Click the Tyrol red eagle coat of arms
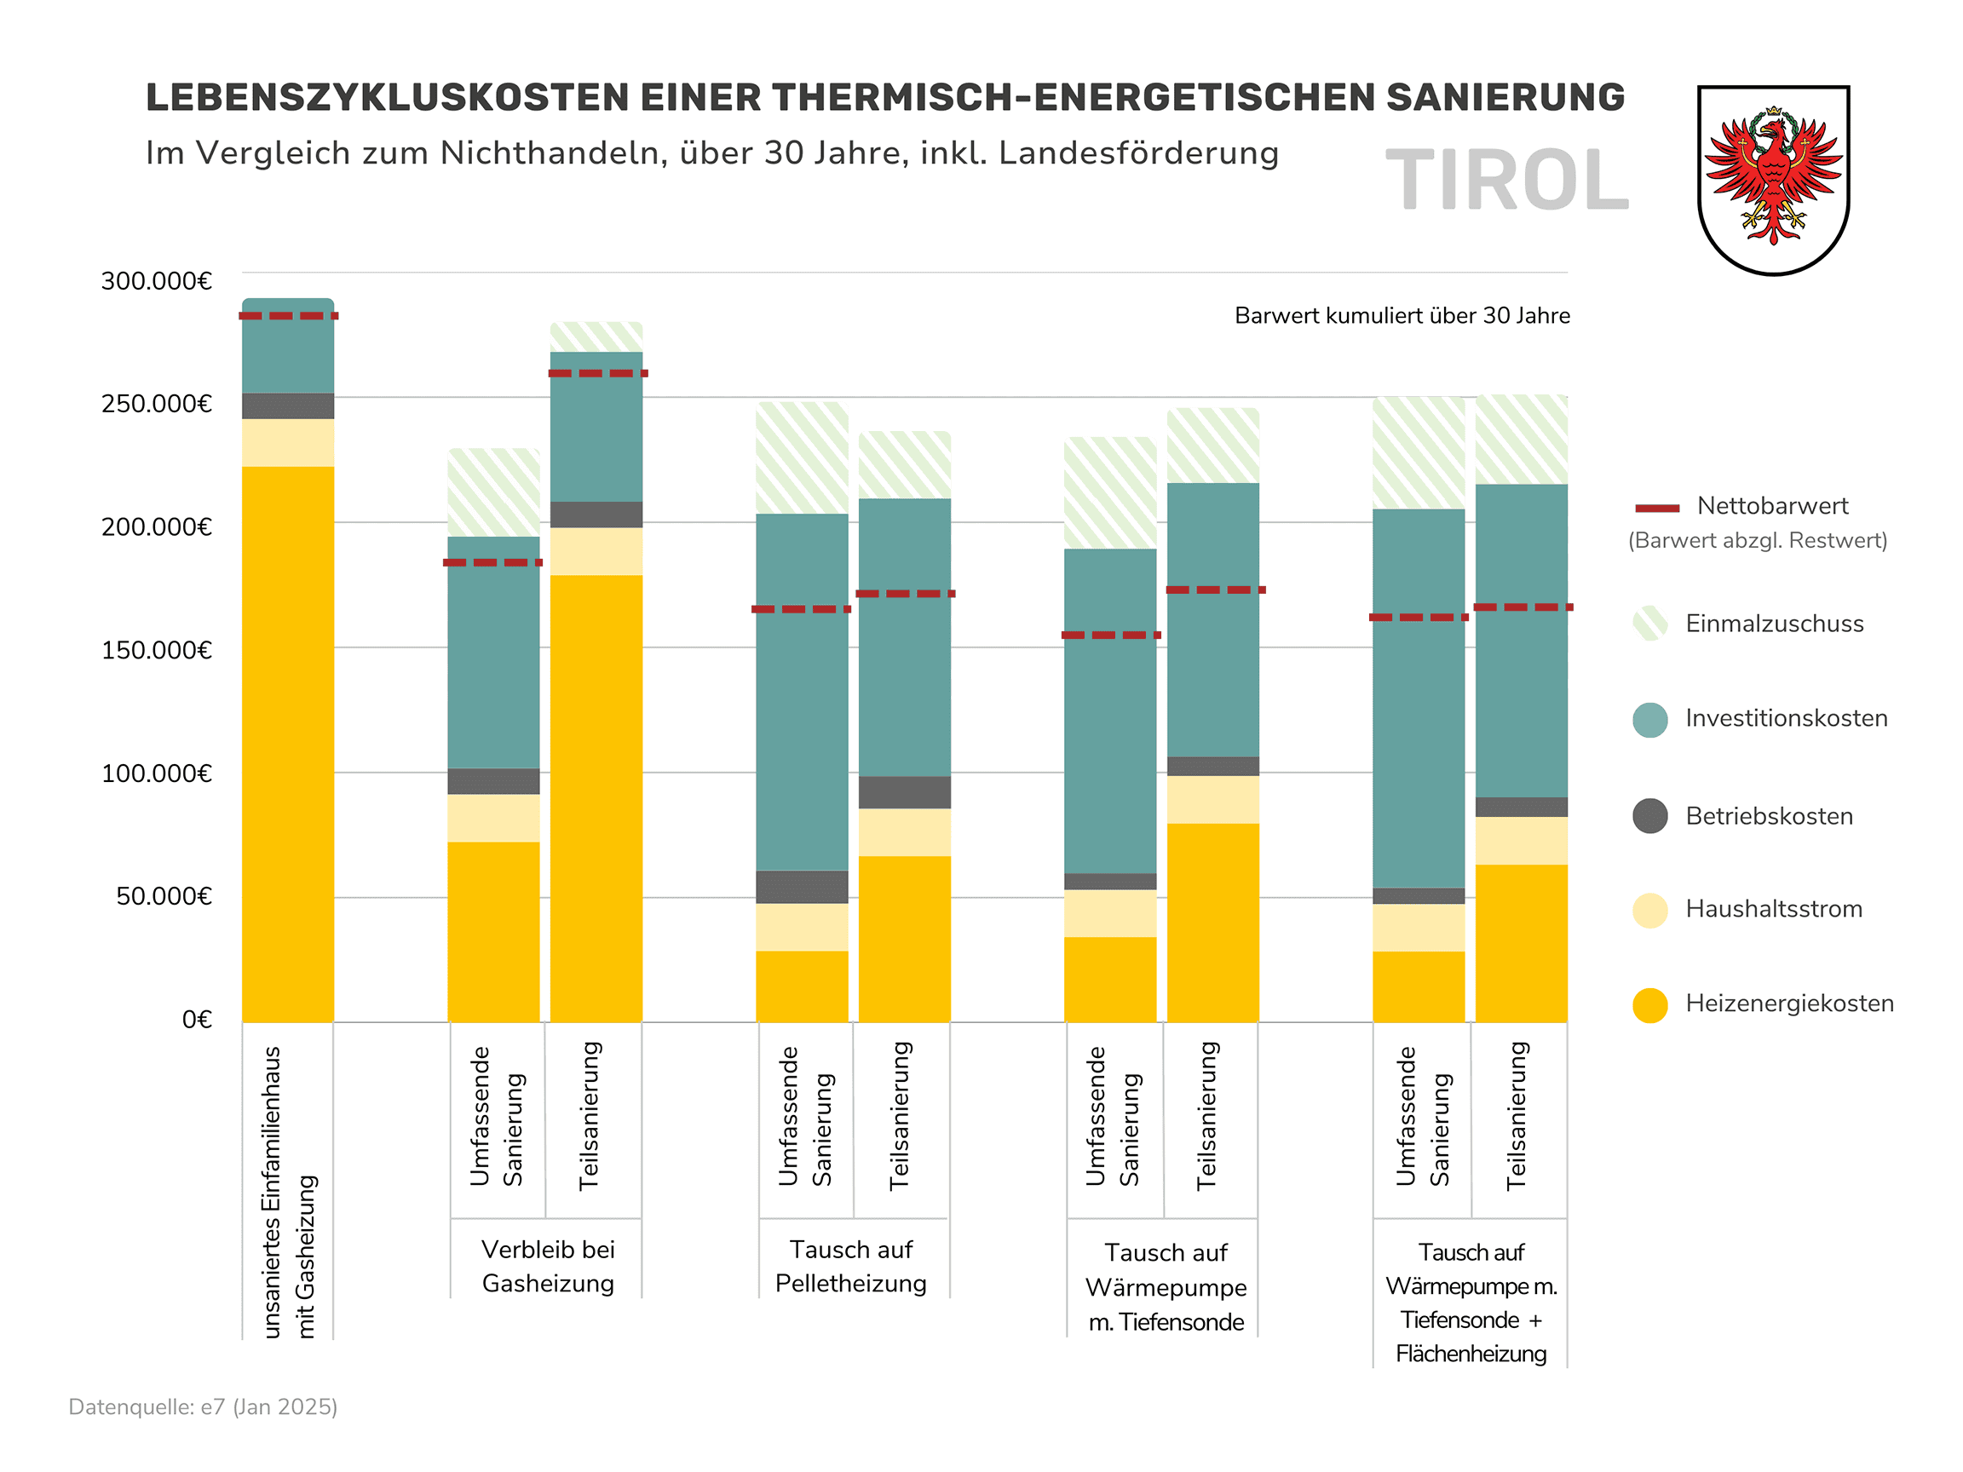[1772, 179]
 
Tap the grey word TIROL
[1507, 181]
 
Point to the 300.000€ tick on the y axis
[156, 281]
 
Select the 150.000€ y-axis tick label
[156, 650]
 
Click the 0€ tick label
[197, 1020]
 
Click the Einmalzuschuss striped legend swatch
[1649, 624]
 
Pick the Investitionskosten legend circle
[1649, 720]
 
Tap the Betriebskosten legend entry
[1769, 816]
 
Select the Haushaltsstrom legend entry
[1773, 910]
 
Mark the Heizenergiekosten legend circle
[1649, 1004]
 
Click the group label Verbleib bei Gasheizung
[548, 1266]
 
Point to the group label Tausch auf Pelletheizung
[850, 1266]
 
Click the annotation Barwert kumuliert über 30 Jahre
[1402, 316]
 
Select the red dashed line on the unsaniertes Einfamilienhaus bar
[289, 316]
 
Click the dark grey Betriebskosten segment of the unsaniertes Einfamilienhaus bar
[289, 405]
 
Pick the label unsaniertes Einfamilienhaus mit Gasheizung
[289, 1192]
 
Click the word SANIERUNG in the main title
[1505, 98]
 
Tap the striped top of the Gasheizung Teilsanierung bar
[596, 336]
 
